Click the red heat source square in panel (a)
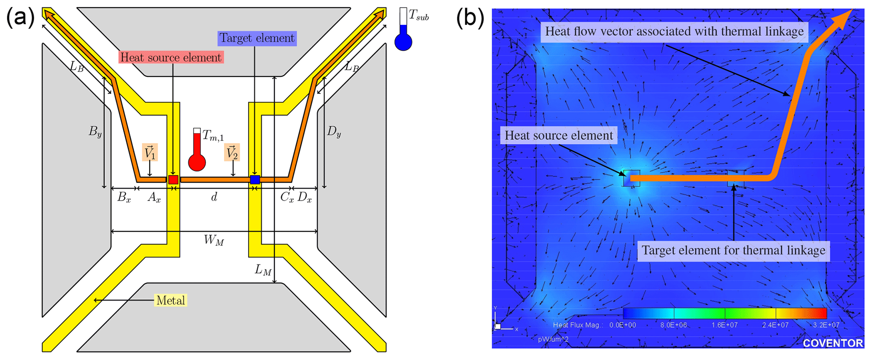coord(173,179)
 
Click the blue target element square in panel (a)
coord(255,179)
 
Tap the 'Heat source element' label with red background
coord(171,57)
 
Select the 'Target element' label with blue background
coord(257,38)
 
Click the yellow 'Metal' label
coord(170,300)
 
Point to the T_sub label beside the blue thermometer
coord(418,17)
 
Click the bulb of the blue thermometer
coord(403,43)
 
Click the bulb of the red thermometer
coord(197,162)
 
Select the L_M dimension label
coord(263,270)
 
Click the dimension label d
coord(214,197)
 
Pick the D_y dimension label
coord(334,132)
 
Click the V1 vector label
coord(150,153)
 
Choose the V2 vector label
coord(232,153)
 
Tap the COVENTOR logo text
coord(832,343)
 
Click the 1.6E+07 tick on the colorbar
coord(724,325)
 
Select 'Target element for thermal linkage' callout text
coord(733,251)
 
